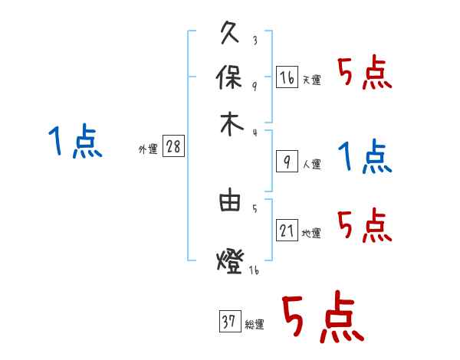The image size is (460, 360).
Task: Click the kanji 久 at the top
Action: [x=231, y=34]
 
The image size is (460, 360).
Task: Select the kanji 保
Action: [x=231, y=78]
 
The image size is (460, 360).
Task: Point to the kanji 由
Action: [x=231, y=202]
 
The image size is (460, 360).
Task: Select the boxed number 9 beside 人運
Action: [x=287, y=161]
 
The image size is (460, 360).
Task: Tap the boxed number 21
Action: [x=287, y=230]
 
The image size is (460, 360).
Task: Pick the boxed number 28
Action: [x=173, y=147]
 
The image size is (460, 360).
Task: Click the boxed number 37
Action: [x=229, y=322]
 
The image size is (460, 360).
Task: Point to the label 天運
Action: [x=311, y=80]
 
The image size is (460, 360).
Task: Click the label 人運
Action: [x=311, y=164]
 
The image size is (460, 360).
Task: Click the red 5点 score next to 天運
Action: [x=364, y=74]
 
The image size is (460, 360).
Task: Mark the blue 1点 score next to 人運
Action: [x=364, y=157]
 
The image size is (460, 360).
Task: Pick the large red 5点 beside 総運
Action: [x=322, y=318]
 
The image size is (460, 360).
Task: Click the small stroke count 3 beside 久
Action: [x=254, y=40]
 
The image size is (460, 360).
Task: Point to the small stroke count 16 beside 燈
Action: [x=254, y=270]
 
